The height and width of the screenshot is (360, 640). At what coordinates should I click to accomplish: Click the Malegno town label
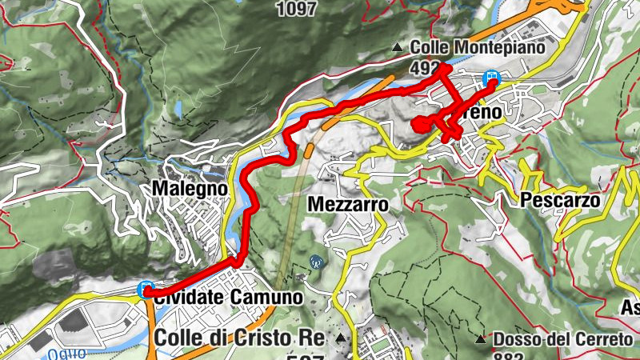coord(189,189)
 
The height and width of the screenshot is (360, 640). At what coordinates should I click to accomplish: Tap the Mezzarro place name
coord(347,205)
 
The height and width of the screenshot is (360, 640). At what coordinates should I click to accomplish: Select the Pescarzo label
coord(560,201)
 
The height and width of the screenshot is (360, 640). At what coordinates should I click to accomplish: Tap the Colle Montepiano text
coord(477,48)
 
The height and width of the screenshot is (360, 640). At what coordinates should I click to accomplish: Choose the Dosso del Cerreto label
coord(562,339)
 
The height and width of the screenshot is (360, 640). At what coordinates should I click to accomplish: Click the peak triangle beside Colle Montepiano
coord(398,49)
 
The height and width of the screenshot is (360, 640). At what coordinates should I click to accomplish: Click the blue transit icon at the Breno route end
coord(492,78)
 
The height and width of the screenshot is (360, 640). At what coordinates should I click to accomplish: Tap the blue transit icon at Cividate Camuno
coord(146,289)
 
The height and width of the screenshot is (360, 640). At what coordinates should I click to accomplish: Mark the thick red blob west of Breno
coord(419,125)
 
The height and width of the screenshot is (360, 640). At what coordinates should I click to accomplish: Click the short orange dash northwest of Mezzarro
coord(308,150)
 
